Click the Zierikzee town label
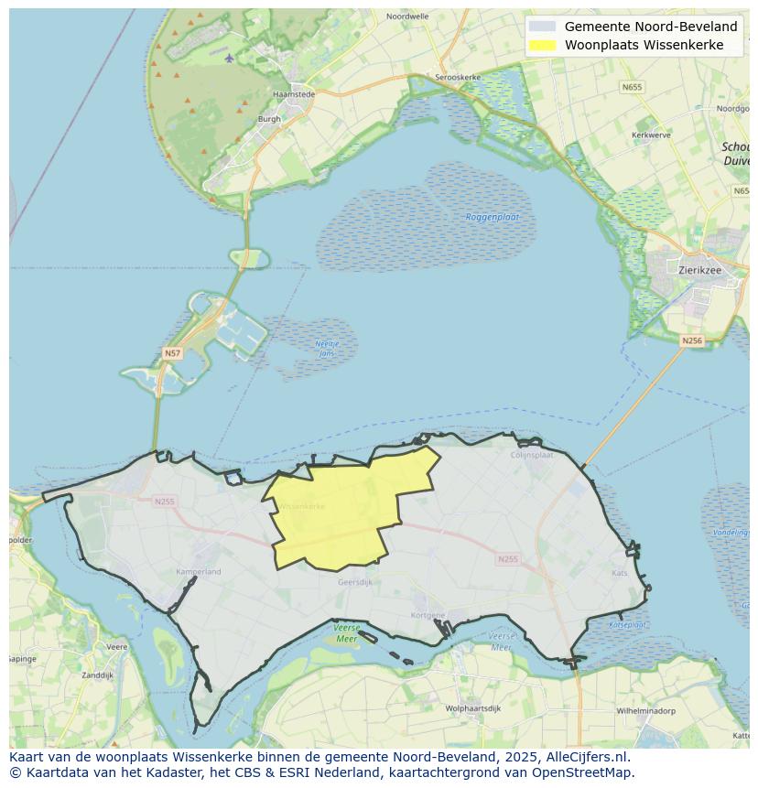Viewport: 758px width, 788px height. click(x=701, y=271)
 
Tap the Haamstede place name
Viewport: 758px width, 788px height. click(x=294, y=94)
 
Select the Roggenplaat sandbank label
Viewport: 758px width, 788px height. click(x=493, y=217)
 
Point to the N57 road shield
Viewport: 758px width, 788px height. click(x=172, y=352)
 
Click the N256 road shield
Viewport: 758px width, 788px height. click(x=692, y=340)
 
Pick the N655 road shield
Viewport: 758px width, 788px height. click(x=632, y=87)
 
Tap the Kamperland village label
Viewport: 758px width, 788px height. click(x=199, y=572)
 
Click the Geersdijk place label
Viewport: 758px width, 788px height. click(x=355, y=581)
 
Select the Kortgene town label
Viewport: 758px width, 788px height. click(x=428, y=616)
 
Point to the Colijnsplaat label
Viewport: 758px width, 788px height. click(x=533, y=455)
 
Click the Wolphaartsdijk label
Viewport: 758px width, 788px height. click(x=473, y=708)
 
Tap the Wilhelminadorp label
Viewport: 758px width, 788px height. click(x=645, y=710)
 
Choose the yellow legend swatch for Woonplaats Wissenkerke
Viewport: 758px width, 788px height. click(x=542, y=45)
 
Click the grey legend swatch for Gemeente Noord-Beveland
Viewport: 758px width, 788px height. click(x=542, y=27)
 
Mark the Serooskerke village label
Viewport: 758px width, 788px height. click(x=458, y=78)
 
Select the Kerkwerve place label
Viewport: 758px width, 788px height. click(x=651, y=135)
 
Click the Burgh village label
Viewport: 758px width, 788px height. click(x=269, y=119)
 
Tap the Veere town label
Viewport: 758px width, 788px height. click(x=116, y=646)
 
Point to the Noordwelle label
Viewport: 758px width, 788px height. click(x=407, y=16)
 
